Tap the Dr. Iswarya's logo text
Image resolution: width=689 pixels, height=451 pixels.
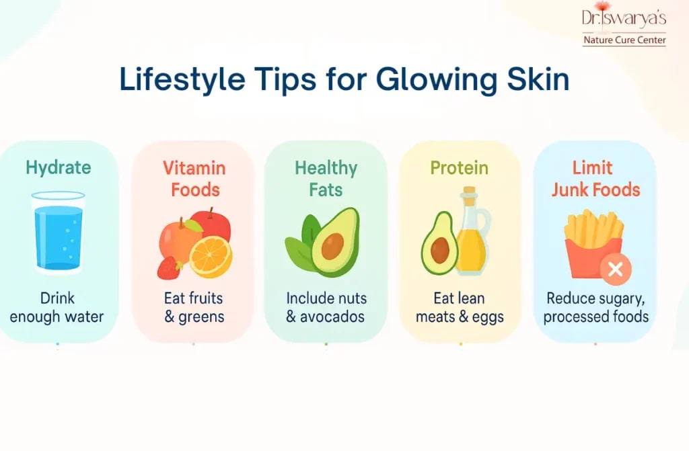624,17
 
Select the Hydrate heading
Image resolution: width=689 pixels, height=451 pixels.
58,168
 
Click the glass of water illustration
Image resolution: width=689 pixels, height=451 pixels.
58,232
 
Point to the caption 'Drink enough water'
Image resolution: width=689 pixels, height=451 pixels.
57,306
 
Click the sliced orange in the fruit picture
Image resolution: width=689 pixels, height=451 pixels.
211,257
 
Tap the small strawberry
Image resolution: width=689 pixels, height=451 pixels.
168,268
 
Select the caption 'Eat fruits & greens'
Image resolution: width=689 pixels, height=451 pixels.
194,306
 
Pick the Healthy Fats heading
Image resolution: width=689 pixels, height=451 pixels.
326,178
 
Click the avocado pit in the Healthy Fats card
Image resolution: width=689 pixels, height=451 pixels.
332,247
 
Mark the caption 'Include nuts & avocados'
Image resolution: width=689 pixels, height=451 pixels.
326,306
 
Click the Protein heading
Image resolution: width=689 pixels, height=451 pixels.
460,168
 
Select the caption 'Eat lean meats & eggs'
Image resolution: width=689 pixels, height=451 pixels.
460,306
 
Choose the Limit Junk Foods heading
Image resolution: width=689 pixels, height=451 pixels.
596,178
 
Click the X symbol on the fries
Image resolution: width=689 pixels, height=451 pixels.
615,270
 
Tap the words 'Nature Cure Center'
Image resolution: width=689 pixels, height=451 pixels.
624,40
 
